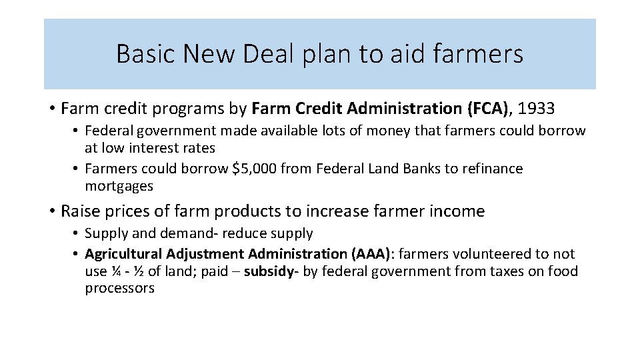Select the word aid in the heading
(x=423, y=54)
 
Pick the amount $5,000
(x=252, y=169)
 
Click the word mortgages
(x=119, y=186)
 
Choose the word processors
(x=119, y=289)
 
